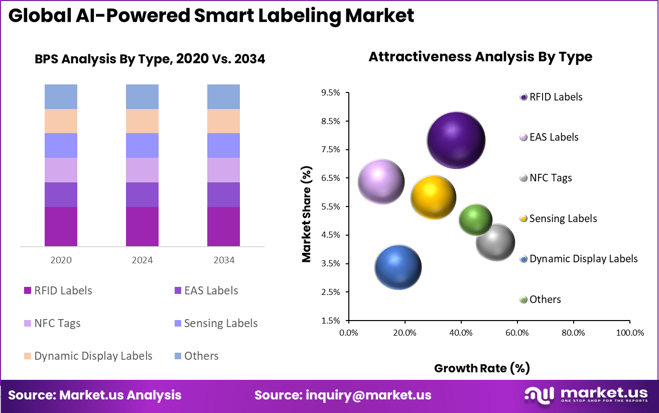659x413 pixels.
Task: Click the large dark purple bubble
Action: (x=456, y=140)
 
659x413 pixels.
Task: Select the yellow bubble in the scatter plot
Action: (x=433, y=197)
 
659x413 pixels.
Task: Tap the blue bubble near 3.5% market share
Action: (x=398, y=267)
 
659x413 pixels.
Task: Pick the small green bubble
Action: (x=475, y=220)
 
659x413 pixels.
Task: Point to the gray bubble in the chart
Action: (x=495, y=242)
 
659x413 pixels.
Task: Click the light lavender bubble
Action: (x=381, y=181)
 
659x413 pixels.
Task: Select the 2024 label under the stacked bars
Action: (x=142, y=260)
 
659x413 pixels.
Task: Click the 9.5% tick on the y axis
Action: (x=331, y=93)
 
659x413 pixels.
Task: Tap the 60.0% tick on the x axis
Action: (x=517, y=333)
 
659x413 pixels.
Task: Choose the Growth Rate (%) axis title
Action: (x=482, y=368)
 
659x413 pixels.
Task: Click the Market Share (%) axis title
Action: (x=306, y=214)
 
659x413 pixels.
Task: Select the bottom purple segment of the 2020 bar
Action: (x=61, y=227)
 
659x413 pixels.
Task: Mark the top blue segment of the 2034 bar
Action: (x=223, y=96)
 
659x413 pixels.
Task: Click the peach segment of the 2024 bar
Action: (x=142, y=121)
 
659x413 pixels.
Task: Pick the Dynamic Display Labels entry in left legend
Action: (x=93, y=356)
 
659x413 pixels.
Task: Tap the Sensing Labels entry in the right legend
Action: (x=563, y=219)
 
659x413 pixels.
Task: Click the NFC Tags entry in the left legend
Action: (x=57, y=323)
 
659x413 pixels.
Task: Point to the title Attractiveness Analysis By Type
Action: (x=480, y=57)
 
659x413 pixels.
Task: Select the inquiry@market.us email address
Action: (x=368, y=395)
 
